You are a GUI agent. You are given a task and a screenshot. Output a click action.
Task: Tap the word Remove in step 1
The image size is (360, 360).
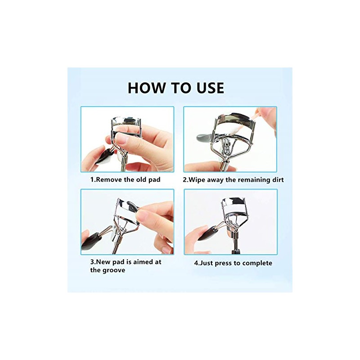(109, 180)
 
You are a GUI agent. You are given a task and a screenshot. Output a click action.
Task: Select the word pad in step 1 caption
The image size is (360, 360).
(154, 180)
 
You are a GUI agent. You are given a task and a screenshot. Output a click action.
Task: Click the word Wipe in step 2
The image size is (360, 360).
(197, 180)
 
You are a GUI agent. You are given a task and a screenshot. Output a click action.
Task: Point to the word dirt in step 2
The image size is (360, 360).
(278, 180)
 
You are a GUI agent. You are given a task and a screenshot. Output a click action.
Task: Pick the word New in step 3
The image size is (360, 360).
(102, 262)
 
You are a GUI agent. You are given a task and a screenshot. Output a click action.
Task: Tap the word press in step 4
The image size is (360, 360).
(224, 263)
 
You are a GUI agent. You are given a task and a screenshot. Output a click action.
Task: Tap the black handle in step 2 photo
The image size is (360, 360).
(204, 137)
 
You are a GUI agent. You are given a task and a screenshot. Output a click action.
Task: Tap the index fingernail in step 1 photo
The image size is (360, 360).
(121, 138)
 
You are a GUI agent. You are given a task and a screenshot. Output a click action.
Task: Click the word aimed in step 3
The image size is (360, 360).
(142, 262)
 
